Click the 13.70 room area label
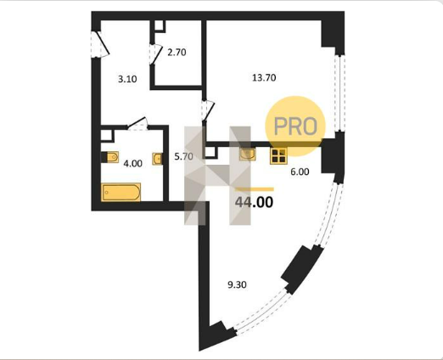click(x=264, y=77)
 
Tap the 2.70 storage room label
click(x=177, y=53)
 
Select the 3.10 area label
click(x=127, y=79)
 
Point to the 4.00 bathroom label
click(x=133, y=164)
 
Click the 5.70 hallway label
click(x=183, y=156)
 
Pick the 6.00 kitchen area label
click(x=300, y=172)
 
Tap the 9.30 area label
click(x=237, y=284)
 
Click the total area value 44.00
click(x=254, y=202)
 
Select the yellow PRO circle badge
click(x=295, y=127)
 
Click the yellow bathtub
click(x=121, y=192)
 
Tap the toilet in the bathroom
click(x=110, y=157)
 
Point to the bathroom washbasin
click(x=157, y=159)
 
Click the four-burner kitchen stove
click(x=278, y=155)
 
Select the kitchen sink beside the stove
click(x=248, y=155)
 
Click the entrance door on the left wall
click(x=99, y=44)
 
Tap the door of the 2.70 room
click(x=155, y=54)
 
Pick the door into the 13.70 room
click(x=208, y=110)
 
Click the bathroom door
click(x=137, y=125)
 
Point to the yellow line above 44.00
click(x=255, y=189)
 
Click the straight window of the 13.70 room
click(x=339, y=93)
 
